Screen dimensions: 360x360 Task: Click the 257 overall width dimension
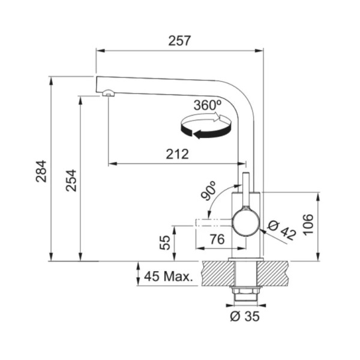pos(179,41)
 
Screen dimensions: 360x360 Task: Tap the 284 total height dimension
pos(41,171)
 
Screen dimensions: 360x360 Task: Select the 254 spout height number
pos(71,181)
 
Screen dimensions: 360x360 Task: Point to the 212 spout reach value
pos(177,154)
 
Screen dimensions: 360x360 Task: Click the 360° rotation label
pos(208,105)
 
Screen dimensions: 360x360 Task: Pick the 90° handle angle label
pos(208,191)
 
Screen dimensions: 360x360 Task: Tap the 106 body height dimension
pos(308,224)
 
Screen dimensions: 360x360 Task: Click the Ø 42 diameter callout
pos(282,230)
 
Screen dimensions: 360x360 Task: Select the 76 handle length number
pos(217,239)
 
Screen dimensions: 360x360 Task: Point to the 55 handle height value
pos(165,242)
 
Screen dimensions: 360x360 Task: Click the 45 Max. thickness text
pos(168,277)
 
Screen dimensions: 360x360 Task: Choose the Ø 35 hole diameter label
pos(245,316)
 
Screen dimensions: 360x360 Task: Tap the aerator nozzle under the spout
pos(107,93)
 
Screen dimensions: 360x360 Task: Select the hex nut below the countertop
pos(245,291)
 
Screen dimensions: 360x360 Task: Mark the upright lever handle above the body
pos(246,190)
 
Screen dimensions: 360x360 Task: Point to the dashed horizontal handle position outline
pos(214,223)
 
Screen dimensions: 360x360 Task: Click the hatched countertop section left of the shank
pos(218,274)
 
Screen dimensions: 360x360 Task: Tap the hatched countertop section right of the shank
pos(273,274)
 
